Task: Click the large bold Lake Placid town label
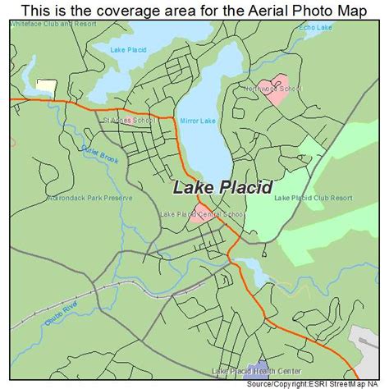(222, 188)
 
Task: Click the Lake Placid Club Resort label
(313, 198)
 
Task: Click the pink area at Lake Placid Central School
(198, 218)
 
